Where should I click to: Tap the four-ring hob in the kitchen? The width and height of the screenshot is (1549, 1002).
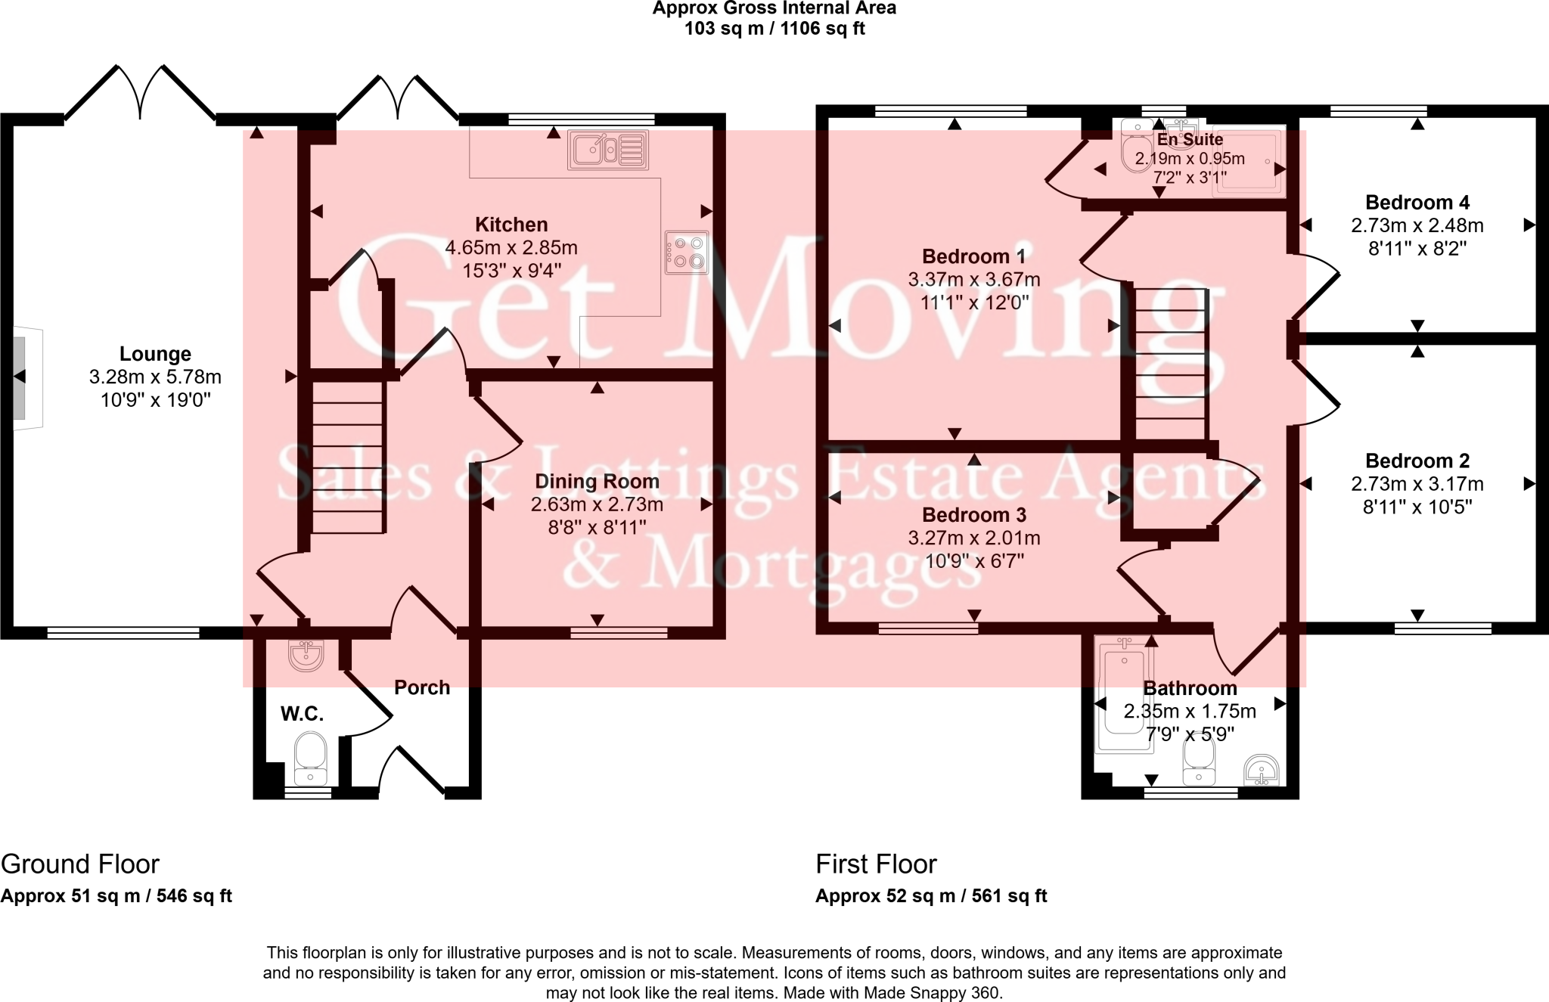(687, 253)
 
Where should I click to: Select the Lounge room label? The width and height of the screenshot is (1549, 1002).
(155, 354)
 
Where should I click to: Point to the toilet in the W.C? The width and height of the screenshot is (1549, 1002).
(309, 757)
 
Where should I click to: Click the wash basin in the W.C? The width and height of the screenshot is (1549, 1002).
(306, 655)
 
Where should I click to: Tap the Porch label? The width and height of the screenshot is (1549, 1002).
(422, 687)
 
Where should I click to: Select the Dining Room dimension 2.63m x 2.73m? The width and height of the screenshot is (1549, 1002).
(597, 504)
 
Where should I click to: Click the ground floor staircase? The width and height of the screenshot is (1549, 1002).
(347, 458)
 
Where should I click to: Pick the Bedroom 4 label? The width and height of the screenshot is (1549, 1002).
(1417, 203)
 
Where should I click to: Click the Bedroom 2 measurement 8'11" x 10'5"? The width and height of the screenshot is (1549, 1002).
(1417, 507)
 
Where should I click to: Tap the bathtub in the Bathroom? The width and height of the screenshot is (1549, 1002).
(1125, 696)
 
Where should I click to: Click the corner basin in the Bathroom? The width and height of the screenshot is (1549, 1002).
(1261, 772)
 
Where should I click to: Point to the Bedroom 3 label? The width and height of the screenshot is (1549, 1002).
(973, 515)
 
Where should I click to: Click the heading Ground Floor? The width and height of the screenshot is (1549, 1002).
(80, 864)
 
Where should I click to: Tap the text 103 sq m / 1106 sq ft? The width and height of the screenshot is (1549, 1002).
(774, 29)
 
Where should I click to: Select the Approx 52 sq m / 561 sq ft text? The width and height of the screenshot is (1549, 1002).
(930, 896)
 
